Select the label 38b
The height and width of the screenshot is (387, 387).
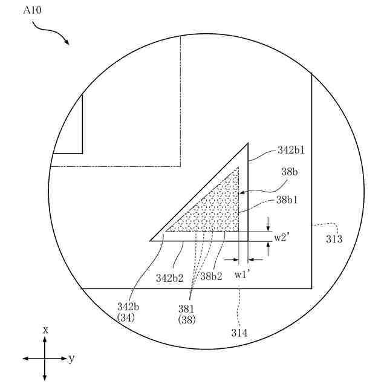[290, 172]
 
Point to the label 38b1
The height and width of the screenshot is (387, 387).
[290, 198]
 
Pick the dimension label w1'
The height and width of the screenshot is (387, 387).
[244, 275]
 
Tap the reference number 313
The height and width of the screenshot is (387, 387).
[334, 239]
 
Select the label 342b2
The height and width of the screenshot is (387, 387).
[170, 278]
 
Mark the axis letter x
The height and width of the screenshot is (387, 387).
[45, 330]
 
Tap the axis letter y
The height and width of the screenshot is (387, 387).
[72, 359]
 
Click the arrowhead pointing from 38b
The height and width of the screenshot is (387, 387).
[242, 192]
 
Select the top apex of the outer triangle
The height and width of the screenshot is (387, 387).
[248, 143]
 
